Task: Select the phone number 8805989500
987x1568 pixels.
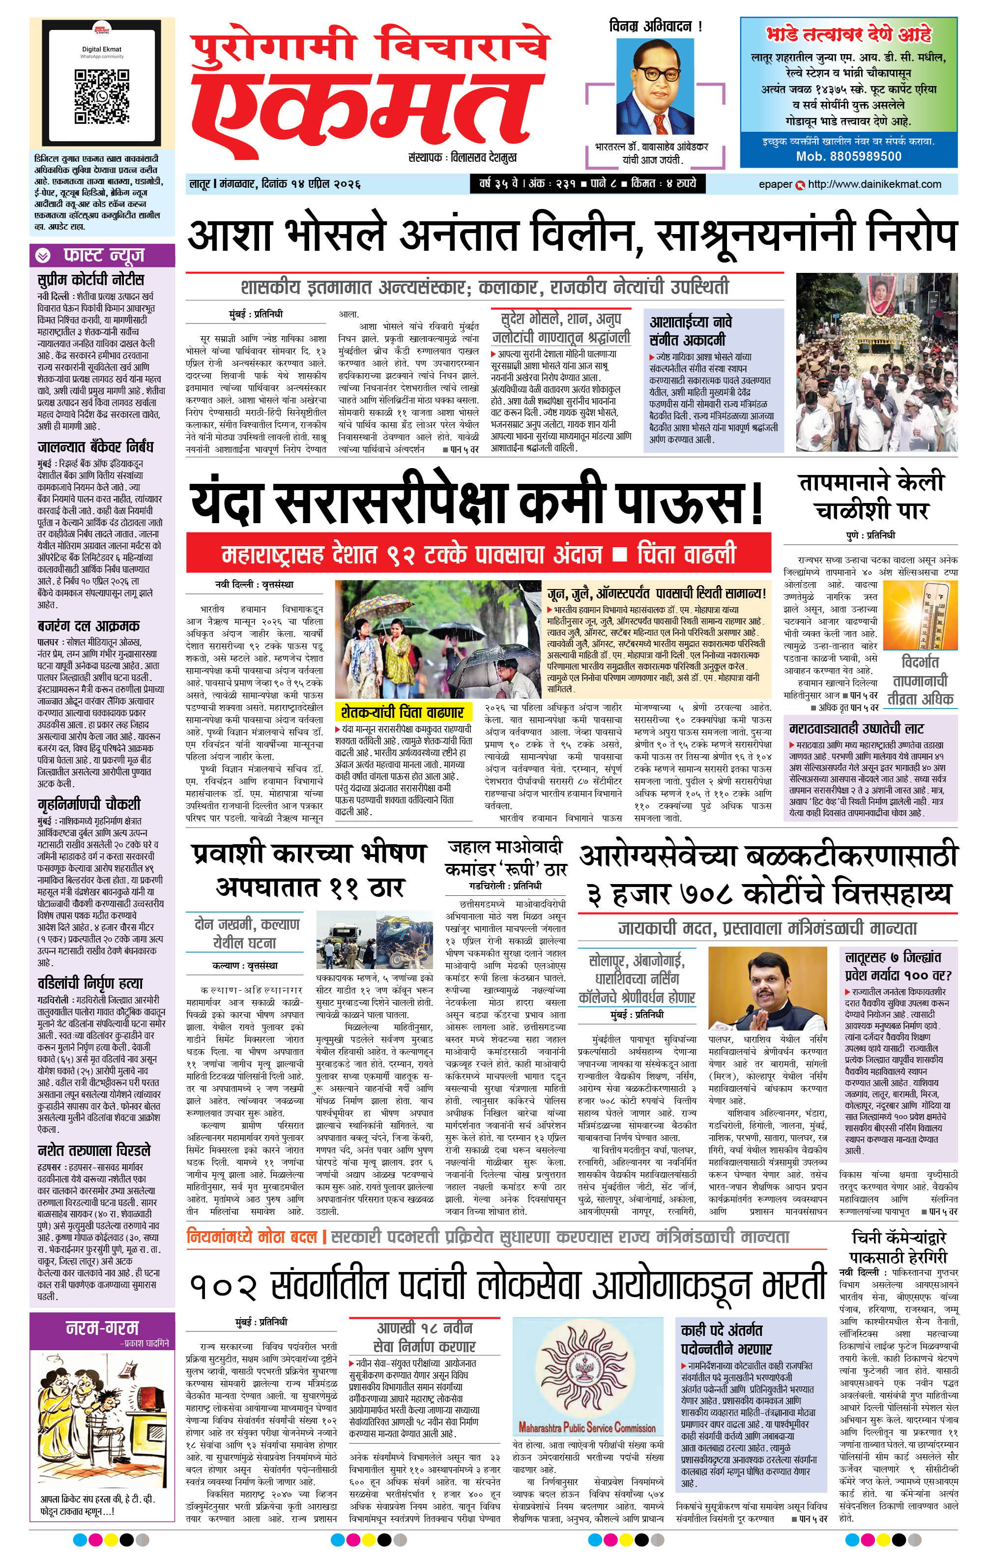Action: click(x=848, y=156)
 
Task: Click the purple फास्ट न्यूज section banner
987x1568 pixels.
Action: click(x=102, y=255)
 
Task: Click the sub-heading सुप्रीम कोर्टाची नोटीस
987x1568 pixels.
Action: click(x=90, y=279)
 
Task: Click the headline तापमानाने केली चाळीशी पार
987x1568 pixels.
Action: click(x=871, y=496)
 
